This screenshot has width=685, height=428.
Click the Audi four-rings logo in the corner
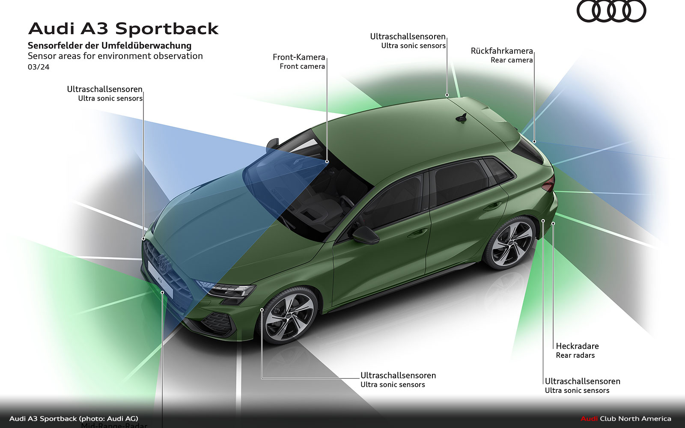pos(611,11)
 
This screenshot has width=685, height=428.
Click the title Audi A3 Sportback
pos(123,29)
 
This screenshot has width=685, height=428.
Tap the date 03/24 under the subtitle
pos(39,67)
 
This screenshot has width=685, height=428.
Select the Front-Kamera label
pos(299,57)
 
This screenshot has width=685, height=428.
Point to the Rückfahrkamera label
pos(502,51)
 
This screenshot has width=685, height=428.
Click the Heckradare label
pos(577,346)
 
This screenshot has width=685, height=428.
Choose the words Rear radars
pos(575,355)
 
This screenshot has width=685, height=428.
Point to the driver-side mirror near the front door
pos(365,235)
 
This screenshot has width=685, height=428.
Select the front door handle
pos(417,233)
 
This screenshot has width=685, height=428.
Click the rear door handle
pos(492,206)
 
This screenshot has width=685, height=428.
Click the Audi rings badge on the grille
pos(163,262)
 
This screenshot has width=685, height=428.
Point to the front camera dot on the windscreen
pos(327,161)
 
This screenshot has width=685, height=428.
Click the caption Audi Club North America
pos(625,419)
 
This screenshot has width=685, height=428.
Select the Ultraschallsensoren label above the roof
pos(408,37)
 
